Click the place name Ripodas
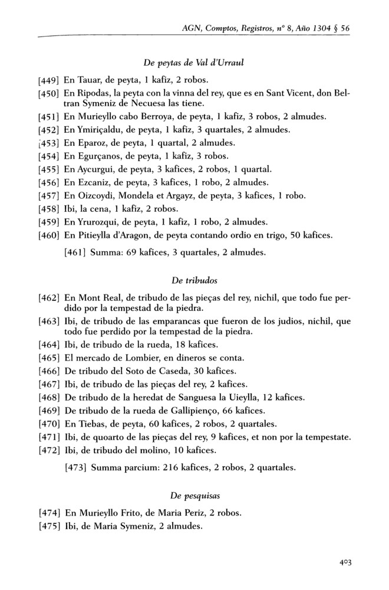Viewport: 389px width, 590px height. [x=94, y=93]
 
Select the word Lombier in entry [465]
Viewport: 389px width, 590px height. [x=137, y=358]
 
